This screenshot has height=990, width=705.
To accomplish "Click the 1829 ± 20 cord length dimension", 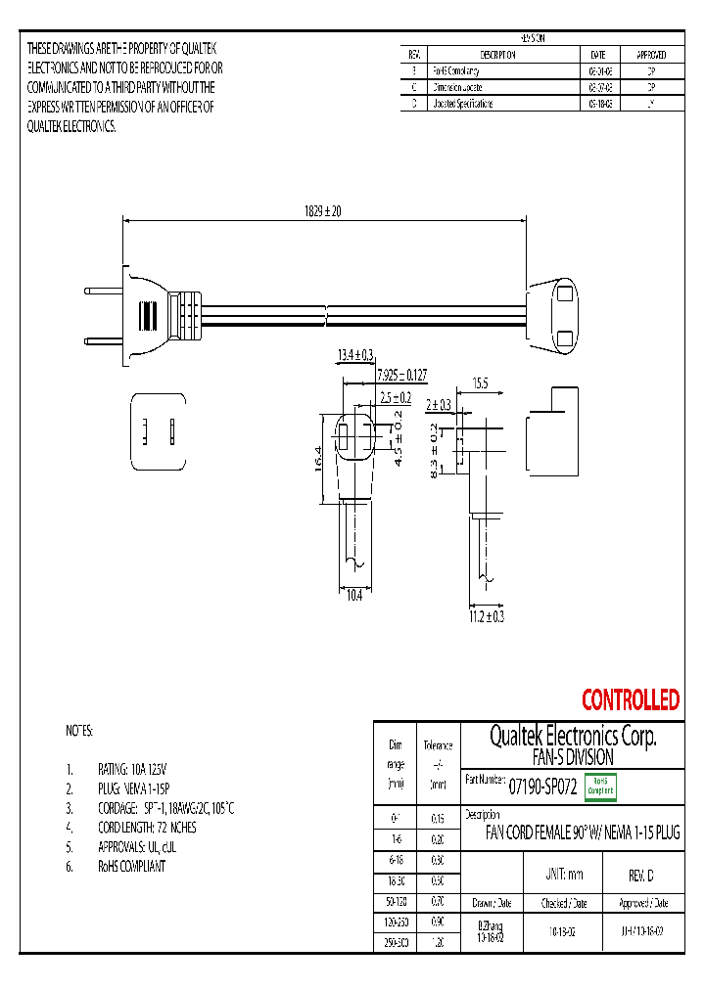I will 321,209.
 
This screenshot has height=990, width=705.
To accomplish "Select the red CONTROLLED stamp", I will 630,700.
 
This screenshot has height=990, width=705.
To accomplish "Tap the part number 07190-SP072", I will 542,787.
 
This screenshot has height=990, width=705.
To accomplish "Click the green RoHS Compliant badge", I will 599,787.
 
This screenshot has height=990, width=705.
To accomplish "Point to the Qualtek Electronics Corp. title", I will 572,736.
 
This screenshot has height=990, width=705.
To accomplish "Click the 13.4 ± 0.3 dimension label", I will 355,354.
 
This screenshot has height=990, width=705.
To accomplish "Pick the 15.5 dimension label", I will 480,382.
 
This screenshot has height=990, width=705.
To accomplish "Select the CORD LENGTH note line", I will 147,828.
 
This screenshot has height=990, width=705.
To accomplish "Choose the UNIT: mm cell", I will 563,875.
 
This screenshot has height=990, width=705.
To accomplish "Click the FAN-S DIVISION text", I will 572,757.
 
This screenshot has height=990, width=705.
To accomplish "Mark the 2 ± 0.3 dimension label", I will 438,404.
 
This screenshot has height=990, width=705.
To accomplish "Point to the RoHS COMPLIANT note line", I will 130,866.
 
